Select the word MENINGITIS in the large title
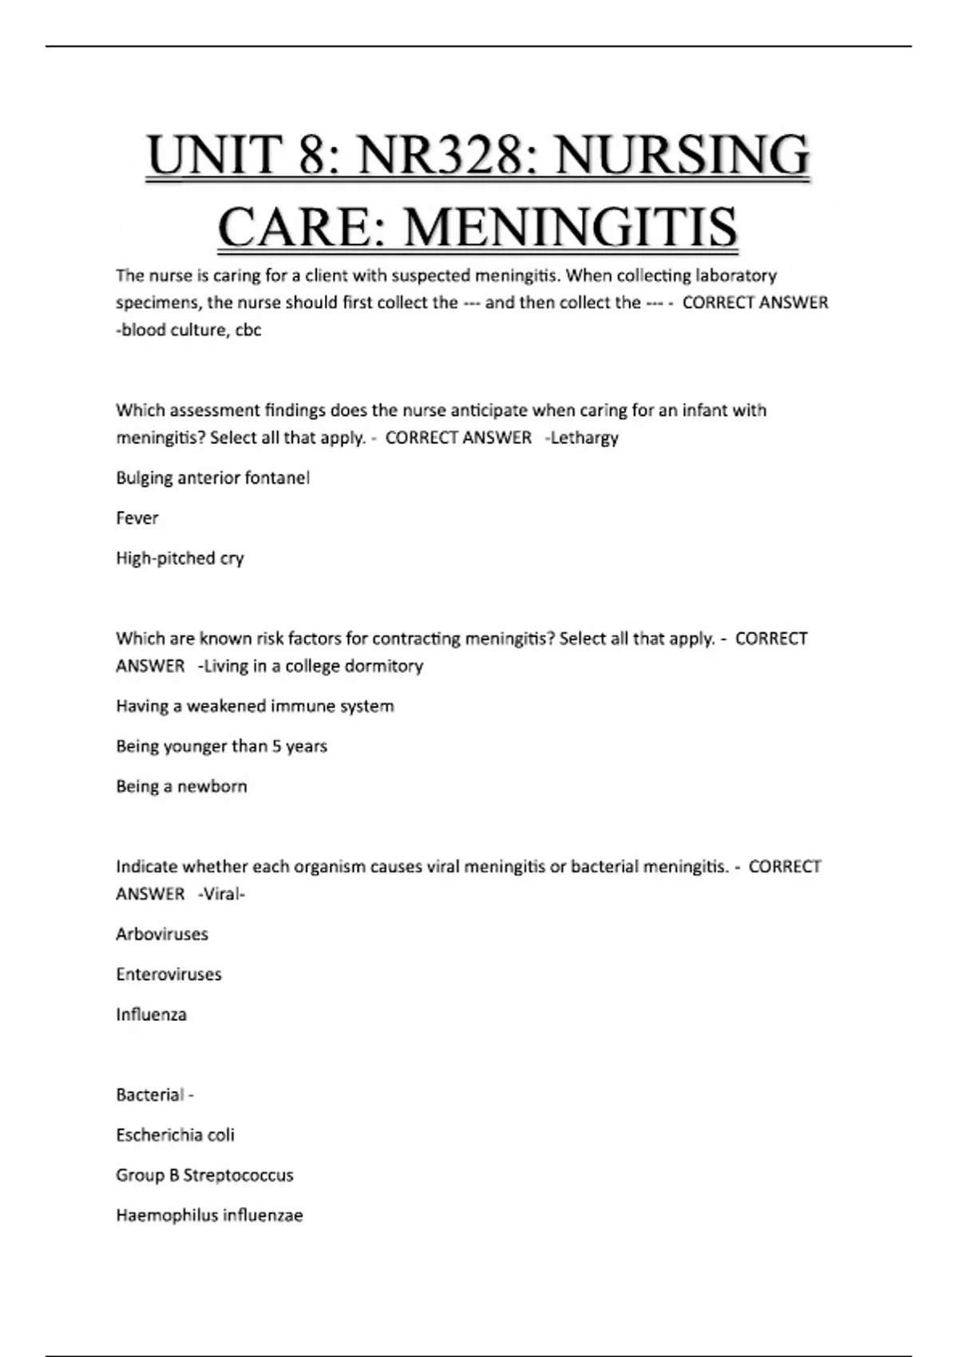[x=570, y=227]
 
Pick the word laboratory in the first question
[x=735, y=275]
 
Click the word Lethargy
[x=584, y=437]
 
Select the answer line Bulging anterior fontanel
[x=212, y=477]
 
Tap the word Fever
[x=137, y=518]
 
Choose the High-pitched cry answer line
[x=180, y=558]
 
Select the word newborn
[x=212, y=786]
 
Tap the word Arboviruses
[x=162, y=934]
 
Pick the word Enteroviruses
[x=168, y=974]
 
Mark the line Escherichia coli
[x=175, y=1135]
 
